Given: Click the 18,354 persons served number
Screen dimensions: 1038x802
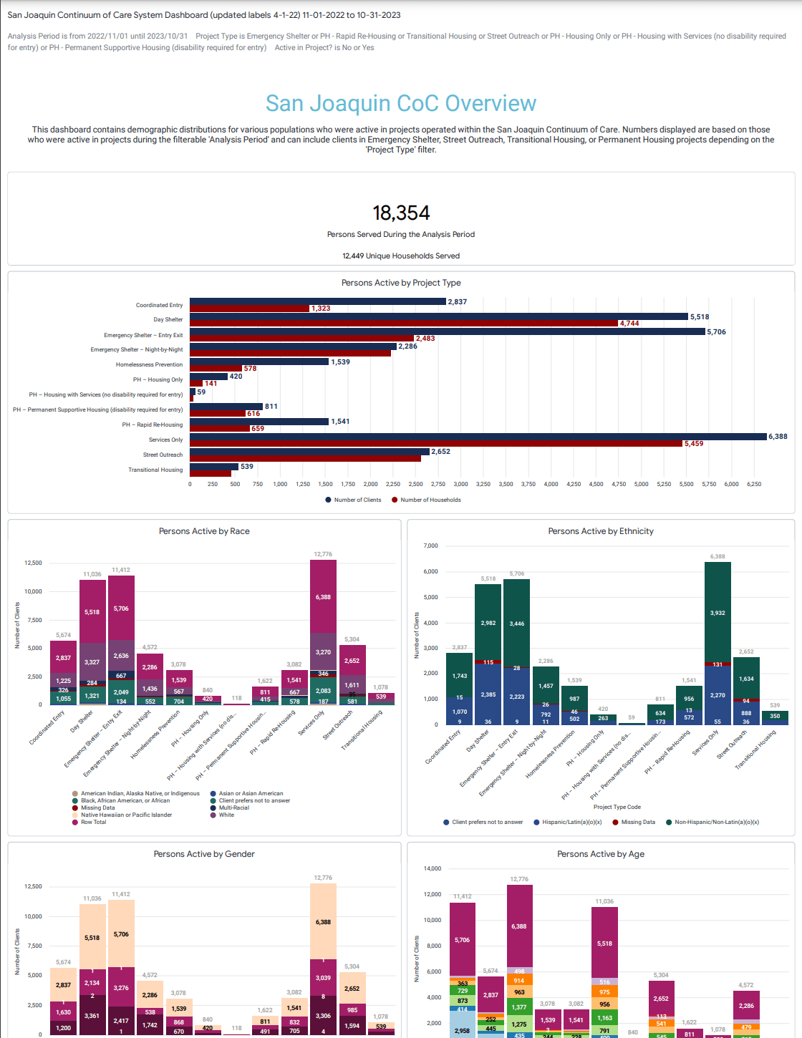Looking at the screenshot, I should click(401, 213).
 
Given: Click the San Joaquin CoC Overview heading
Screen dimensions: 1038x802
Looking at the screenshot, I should click(401, 104).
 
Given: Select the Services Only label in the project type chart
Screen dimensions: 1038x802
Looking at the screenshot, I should click(165, 440).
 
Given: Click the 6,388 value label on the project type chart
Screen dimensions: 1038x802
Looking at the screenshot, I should click(778, 437).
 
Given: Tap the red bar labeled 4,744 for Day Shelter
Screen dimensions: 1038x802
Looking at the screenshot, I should click(404, 324).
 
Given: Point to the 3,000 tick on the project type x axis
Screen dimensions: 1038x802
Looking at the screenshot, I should click(461, 485).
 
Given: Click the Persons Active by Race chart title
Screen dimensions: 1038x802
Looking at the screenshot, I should click(204, 531).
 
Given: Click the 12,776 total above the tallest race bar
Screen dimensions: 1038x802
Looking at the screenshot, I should click(323, 554).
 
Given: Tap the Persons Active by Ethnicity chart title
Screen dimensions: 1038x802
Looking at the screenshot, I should click(601, 531).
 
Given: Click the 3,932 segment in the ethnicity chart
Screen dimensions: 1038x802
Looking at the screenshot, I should click(718, 613).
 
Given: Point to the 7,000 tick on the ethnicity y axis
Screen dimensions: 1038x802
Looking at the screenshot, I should click(430, 546).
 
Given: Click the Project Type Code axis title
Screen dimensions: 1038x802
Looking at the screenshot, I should click(617, 807).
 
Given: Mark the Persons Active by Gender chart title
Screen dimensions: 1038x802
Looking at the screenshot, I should click(204, 854).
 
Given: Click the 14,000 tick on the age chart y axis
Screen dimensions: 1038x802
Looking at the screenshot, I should click(433, 868).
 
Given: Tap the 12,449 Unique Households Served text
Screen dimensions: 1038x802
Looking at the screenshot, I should click(401, 256).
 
